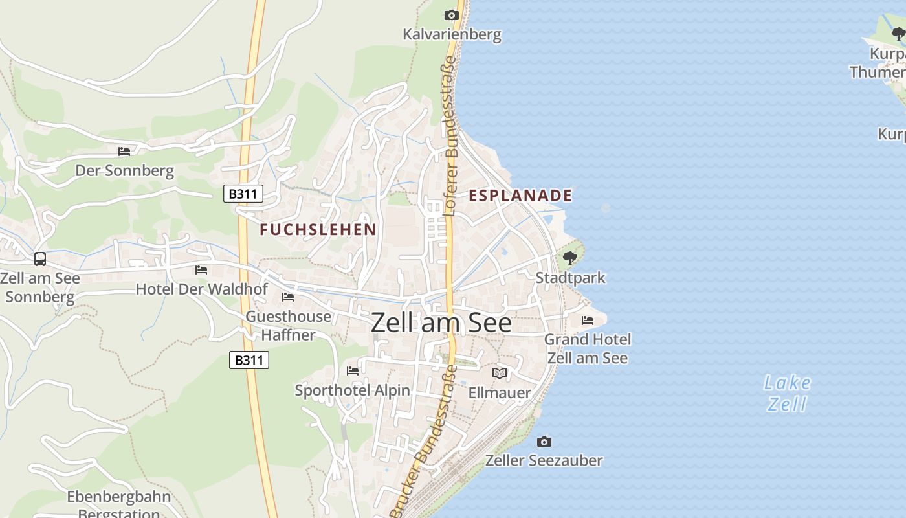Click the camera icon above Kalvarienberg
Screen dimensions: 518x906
click(x=452, y=15)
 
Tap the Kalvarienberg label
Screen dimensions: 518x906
click(x=452, y=34)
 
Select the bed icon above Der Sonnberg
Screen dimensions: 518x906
click(x=124, y=152)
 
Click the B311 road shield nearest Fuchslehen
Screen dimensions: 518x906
click(x=243, y=194)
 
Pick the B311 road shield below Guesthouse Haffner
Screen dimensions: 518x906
click(x=249, y=360)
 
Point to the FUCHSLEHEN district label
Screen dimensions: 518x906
click(x=318, y=229)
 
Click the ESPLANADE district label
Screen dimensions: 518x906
click(x=520, y=196)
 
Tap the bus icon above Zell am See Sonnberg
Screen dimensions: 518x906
click(x=40, y=259)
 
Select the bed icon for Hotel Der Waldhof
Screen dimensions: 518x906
click(x=201, y=269)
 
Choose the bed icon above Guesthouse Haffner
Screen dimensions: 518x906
click(x=288, y=297)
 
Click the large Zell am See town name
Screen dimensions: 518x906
click(x=441, y=323)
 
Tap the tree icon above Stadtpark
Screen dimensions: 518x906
click(x=570, y=258)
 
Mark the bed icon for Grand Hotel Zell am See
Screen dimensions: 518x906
click(x=588, y=320)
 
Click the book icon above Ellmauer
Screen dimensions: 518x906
click(x=500, y=373)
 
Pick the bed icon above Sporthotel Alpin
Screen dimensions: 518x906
click(x=353, y=371)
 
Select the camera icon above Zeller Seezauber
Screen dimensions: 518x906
click(x=544, y=442)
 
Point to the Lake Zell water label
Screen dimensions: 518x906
click(x=787, y=393)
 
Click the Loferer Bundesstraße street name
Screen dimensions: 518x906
click(x=450, y=136)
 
